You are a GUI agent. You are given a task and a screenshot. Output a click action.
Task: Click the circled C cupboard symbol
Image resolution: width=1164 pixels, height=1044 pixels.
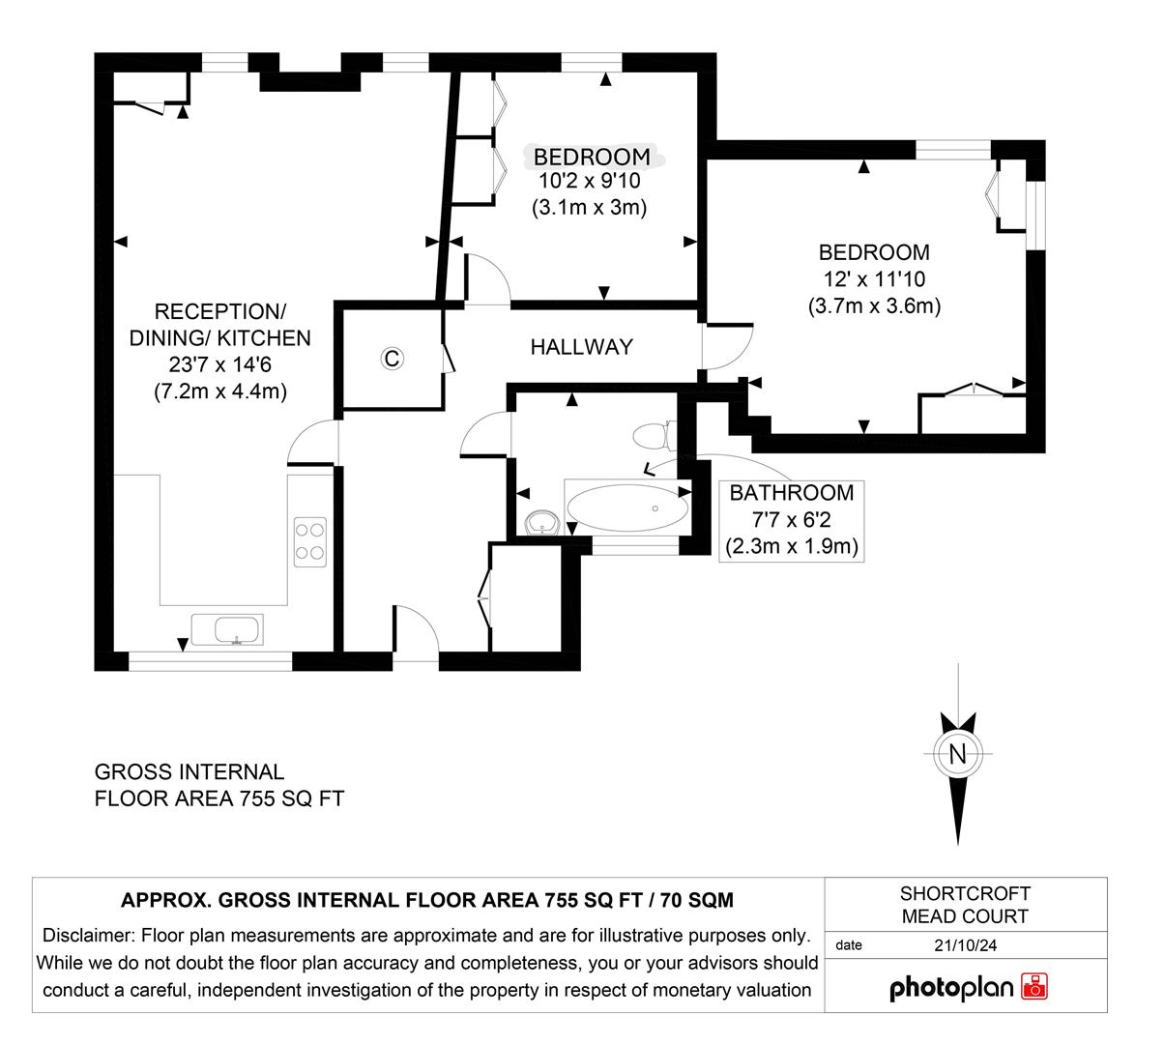392,359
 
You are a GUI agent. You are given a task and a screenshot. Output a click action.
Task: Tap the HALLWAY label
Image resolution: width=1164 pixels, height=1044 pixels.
581,346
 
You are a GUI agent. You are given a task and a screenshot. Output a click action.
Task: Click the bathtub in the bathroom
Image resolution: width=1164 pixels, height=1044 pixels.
628,507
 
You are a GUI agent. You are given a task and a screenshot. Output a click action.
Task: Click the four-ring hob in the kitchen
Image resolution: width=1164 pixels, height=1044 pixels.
309,540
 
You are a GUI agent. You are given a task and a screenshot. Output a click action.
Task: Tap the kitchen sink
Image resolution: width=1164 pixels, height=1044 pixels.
225,629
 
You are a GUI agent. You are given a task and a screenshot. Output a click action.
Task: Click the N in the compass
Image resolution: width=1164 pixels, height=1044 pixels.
958,755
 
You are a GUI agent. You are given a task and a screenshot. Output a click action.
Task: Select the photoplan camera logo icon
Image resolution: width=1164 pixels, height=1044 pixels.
1033,987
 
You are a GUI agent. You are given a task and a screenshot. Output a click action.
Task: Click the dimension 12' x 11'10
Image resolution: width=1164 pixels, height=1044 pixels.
874,279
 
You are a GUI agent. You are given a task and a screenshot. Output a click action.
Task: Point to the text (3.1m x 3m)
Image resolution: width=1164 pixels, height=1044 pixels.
589,206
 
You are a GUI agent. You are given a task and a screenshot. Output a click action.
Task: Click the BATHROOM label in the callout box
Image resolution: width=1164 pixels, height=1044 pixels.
792,492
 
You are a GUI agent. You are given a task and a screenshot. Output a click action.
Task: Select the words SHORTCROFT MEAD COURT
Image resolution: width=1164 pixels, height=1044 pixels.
964,905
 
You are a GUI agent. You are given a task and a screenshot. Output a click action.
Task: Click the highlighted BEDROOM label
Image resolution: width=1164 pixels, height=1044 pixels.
592,157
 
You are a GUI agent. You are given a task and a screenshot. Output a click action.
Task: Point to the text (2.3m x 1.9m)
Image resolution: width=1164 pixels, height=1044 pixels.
792,546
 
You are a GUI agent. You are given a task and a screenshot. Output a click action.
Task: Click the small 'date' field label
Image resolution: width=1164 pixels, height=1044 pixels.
848,945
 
